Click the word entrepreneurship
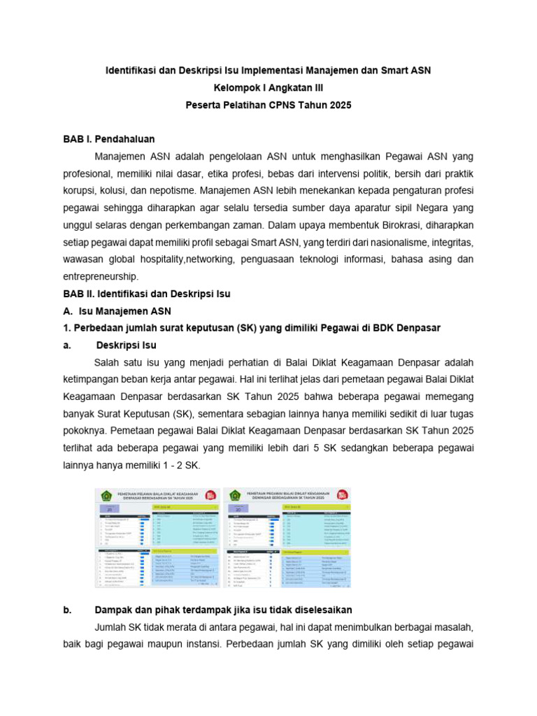(103, 277)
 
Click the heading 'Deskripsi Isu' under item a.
(126, 345)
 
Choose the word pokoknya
(87, 431)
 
